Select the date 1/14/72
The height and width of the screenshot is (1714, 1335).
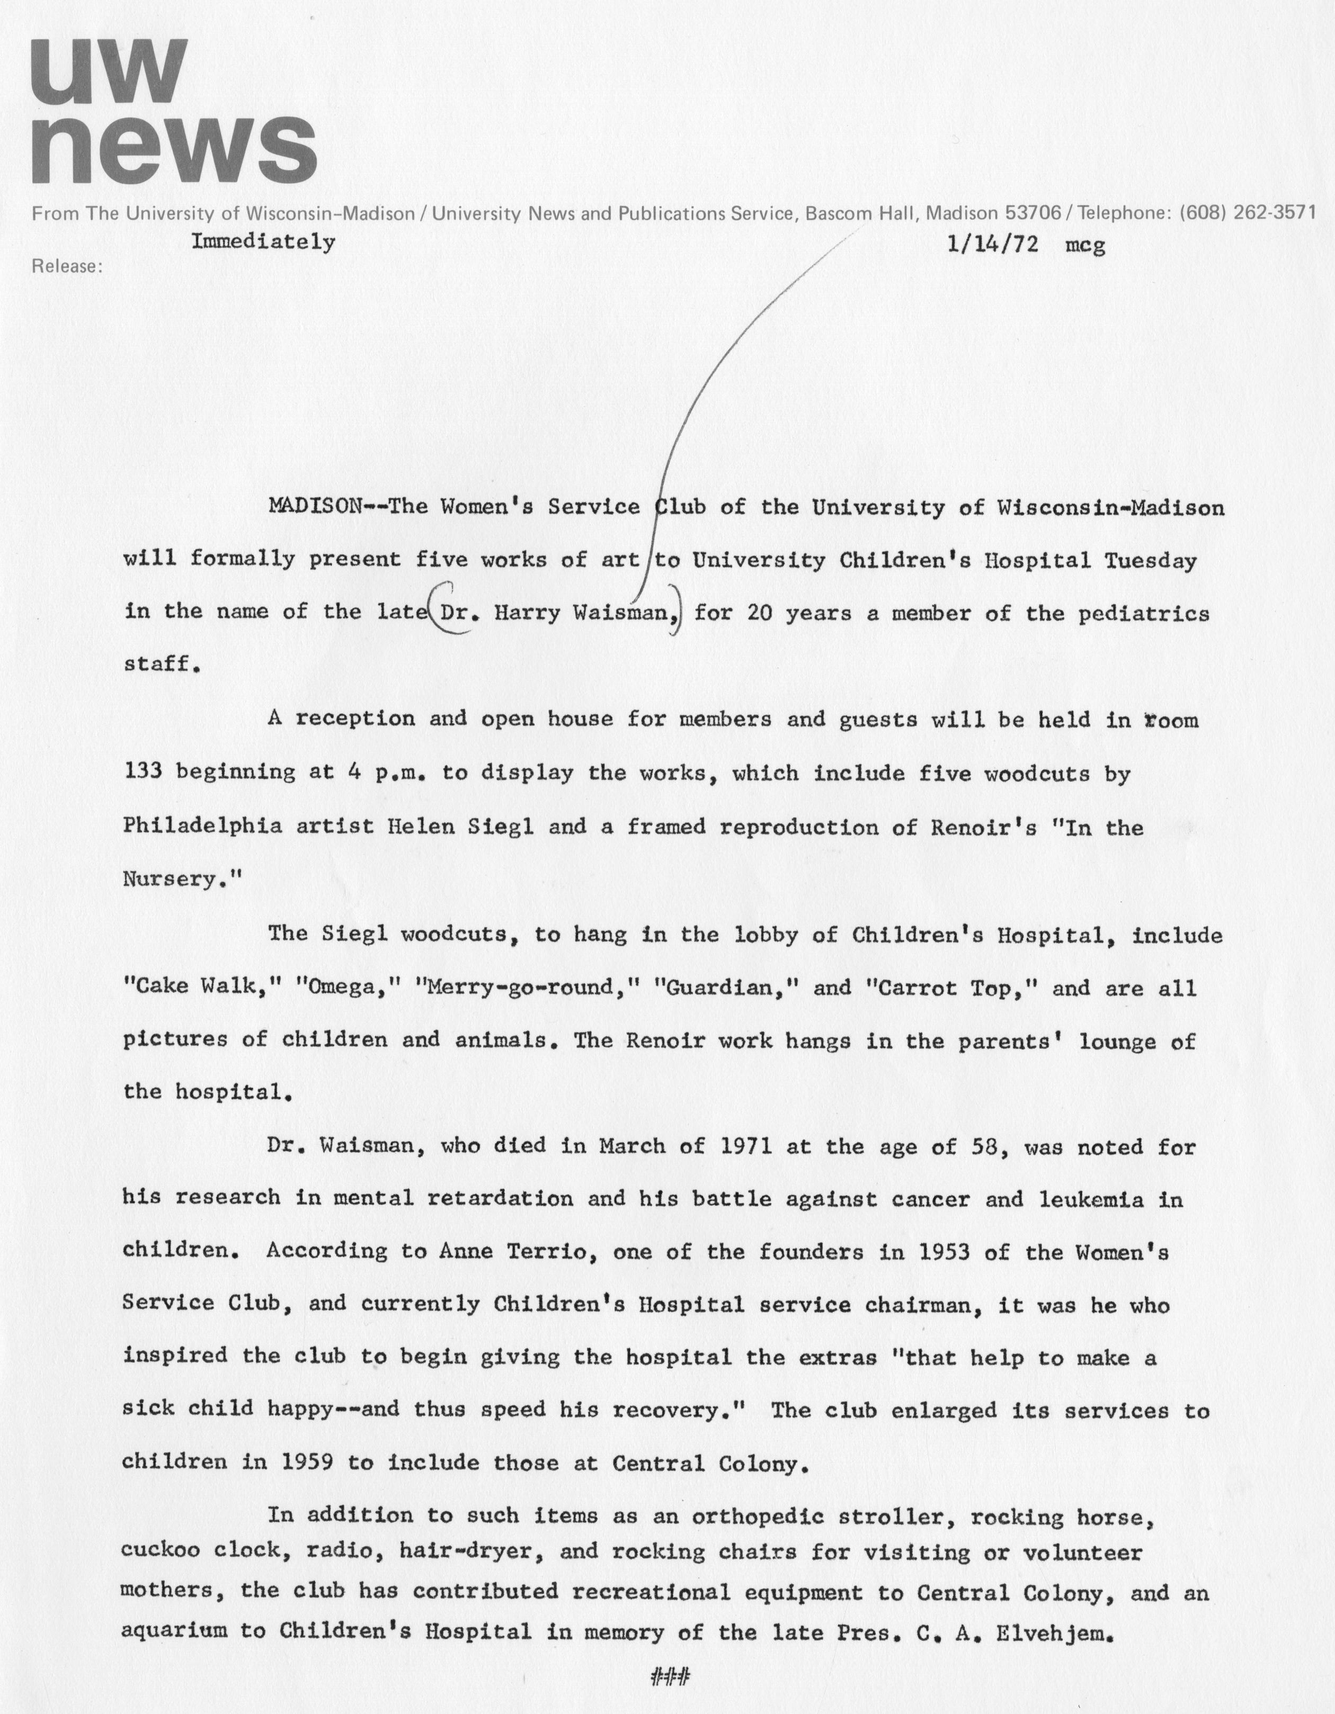pos(993,245)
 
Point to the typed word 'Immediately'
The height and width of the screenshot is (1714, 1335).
pos(264,241)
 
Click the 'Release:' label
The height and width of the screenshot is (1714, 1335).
pos(67,267)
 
